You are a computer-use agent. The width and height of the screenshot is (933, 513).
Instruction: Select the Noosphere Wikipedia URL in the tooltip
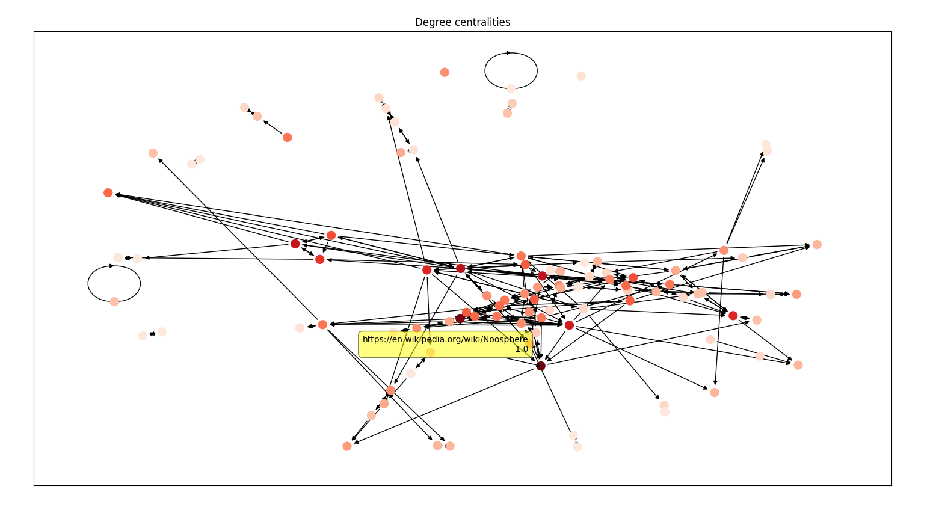445,339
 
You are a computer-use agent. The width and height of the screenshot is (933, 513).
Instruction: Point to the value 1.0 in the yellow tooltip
521,349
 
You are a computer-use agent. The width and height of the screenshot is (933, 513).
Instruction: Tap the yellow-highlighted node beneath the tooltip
430,352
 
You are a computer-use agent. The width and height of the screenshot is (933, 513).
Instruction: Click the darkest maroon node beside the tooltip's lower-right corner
541,366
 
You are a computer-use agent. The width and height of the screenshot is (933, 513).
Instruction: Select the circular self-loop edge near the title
486,71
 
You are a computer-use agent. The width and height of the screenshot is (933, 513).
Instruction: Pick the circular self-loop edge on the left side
88,284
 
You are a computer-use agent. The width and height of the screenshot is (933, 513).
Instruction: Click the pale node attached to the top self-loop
511,88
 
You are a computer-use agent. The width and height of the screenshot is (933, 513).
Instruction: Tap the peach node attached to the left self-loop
114,301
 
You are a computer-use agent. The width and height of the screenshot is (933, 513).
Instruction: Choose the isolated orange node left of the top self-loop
445,72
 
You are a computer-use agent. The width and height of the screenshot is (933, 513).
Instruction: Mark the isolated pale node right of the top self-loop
580,76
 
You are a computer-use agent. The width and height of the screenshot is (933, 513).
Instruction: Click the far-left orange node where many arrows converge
108,193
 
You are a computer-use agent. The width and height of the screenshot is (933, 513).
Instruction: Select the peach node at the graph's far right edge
817,244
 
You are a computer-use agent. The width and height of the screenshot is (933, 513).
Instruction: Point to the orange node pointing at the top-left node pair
287,137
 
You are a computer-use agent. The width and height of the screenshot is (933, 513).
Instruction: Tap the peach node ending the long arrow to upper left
153,153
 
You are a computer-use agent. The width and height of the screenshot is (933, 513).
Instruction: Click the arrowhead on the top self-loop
509,53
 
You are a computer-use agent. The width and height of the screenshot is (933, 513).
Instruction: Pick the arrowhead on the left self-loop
112,266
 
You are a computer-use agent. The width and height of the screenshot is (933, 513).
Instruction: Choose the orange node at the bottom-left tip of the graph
347,446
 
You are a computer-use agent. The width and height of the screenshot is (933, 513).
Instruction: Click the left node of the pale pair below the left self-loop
143,336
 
